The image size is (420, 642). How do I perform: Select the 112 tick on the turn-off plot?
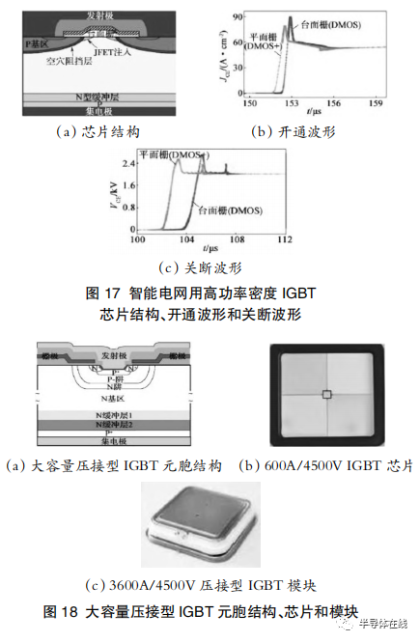280,238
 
